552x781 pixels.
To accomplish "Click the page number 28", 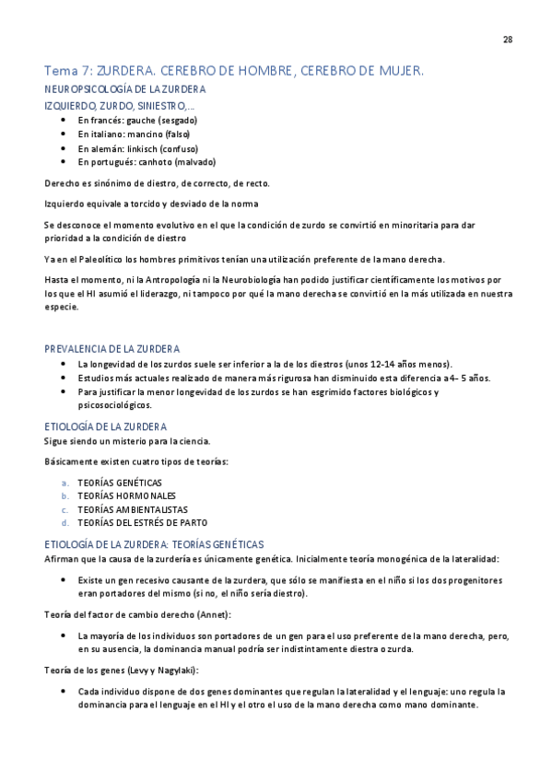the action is (508, 39).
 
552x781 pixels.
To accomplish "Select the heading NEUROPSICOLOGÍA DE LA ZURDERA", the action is (125, 89).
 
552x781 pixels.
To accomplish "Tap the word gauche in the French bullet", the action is (142, 120).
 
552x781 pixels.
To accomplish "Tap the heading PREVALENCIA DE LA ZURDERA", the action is (112, 349).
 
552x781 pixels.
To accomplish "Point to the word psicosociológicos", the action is (115, 404).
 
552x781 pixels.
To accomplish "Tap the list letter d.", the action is (65, 522).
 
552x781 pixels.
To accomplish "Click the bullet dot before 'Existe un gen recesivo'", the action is (62, 580).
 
